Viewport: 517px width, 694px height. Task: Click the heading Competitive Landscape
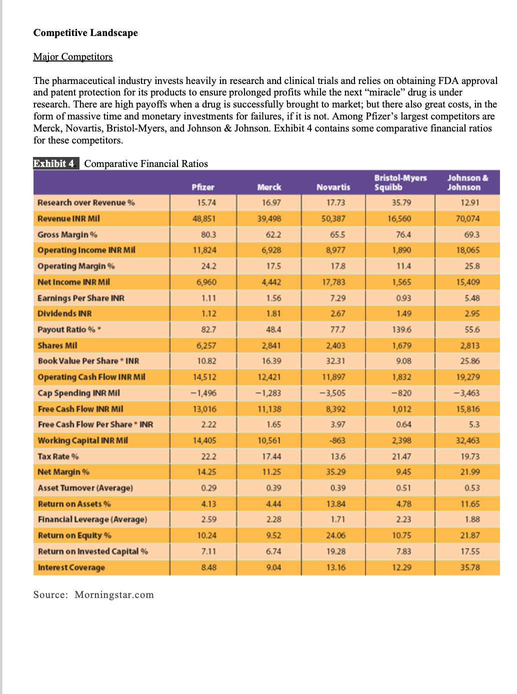coord(85,33)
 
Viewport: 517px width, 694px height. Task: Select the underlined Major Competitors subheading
coord(73,57)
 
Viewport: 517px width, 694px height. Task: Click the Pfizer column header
coord(202,187)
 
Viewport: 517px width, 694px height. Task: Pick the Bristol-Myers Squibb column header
coord(400,182)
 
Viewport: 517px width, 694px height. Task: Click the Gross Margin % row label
coord(67,234)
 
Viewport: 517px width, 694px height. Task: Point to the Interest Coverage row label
coord(71,567)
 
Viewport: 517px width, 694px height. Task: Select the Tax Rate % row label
coord(58,456)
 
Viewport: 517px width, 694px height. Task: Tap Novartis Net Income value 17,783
coord(333,282)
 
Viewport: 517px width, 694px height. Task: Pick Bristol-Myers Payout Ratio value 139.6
coord(401,329)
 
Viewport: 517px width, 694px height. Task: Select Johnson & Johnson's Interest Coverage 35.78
coord(469,567)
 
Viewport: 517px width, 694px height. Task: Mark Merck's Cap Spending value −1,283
coord(268,393)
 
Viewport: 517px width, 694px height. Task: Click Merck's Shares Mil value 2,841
coord(270,345)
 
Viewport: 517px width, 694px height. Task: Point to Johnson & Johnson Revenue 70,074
coord(467,218)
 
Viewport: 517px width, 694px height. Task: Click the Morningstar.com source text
coord(114,594)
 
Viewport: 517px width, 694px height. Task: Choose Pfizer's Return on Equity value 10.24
coord(206,535)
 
